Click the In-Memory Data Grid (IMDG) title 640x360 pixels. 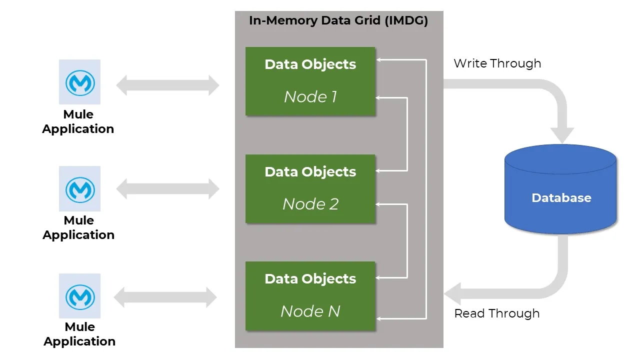click(338, 21)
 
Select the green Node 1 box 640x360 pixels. click(310, 81)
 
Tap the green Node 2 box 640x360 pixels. click(310, 188)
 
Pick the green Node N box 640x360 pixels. click(310, 296)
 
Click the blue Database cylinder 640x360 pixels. click(561, 190)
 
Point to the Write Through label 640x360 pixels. click(497, 63)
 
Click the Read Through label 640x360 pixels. click(496, 313)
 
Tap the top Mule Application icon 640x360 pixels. click(79, 82)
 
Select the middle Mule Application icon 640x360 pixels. click(79, 188)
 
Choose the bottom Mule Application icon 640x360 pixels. click(79, 296)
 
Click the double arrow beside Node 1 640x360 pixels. click(168, 85)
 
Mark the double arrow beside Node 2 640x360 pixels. click(168, 189)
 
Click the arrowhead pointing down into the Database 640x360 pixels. click(562, 134)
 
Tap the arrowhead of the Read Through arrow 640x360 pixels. click(453, 293)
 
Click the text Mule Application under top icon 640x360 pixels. click(78, 121)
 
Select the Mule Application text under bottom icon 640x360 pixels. click(79, 334)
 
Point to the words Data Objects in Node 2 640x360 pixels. click(310, 172)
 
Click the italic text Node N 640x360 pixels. click(310, 311)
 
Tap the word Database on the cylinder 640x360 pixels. click(561, 198)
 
